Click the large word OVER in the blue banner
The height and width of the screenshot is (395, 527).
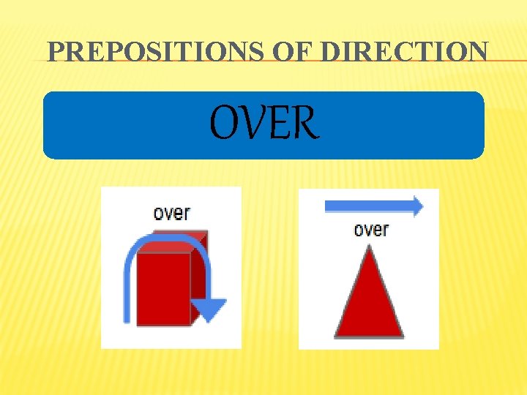click(x=264, y=123)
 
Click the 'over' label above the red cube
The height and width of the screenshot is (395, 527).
click(x=171, y=213)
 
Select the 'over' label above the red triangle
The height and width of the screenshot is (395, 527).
click(x=371, y=230)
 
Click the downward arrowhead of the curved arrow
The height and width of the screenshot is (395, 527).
click(x=212, y=309)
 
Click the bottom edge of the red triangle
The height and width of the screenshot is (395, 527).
click(x=369, y=335)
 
